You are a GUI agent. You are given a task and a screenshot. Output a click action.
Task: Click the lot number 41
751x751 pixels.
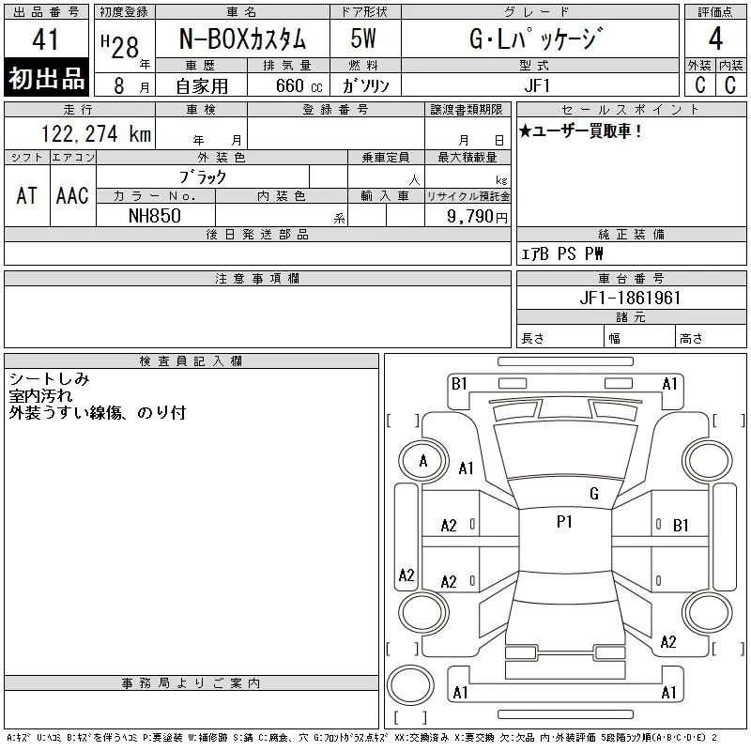point(45,38)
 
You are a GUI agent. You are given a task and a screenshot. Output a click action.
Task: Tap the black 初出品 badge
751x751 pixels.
point(46,78)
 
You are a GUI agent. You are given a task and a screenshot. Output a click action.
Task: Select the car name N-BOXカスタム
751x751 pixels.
point(242,38)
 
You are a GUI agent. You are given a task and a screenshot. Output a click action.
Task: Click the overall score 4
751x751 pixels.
point(715,38)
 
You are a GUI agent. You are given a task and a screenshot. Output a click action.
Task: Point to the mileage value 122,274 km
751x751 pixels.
point(97,134)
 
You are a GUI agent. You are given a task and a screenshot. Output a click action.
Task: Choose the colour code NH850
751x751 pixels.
point(155,216)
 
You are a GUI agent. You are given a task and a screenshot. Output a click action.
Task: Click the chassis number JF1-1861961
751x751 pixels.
point(630,298)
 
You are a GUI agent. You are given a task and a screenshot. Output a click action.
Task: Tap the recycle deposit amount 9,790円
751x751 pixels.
point(477,217)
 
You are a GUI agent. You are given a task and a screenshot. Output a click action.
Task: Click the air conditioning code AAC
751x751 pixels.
point(73,195)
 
